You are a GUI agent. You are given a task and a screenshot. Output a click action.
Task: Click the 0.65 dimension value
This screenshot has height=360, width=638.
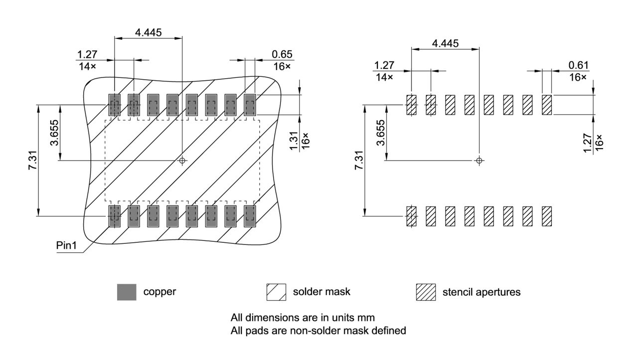[282, 54]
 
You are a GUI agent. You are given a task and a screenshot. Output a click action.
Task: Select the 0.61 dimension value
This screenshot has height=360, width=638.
[578, 65]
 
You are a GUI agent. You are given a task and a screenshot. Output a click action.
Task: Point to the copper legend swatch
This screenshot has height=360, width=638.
[127, 292]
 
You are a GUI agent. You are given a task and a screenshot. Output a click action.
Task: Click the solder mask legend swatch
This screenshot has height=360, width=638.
[277, 292]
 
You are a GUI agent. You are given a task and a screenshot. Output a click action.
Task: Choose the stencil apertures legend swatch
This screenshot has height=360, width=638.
[426, 292]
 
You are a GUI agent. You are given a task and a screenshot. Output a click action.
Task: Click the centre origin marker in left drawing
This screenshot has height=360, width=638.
[182, 161]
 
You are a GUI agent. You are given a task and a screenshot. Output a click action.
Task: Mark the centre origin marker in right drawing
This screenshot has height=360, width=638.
[479, 161]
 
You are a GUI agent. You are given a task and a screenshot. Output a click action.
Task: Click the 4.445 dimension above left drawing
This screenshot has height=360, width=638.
[148, 32]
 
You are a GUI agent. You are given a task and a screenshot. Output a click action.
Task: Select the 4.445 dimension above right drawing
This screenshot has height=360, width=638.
[445, 43]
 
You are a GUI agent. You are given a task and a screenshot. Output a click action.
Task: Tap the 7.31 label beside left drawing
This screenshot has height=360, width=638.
[33, 161]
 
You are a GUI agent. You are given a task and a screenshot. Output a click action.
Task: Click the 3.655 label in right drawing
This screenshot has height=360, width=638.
[381, 133]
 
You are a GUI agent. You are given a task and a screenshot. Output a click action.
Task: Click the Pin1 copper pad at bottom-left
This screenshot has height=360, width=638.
[115, 216]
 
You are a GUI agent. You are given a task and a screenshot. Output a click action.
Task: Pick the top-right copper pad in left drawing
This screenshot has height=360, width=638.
[250, 105]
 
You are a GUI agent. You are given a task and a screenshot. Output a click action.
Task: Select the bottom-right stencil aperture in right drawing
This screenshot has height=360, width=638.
[547, 216]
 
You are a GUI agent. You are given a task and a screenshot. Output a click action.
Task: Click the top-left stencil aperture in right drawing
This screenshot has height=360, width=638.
[411, 105]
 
